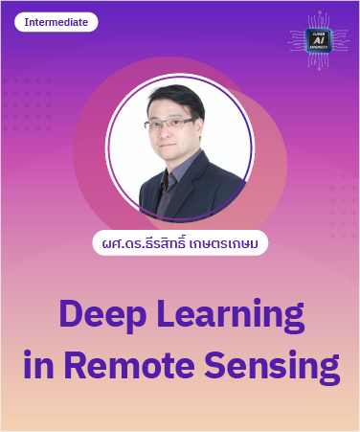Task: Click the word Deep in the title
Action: click(x=107, y=316)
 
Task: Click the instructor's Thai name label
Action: click(x=179, y=243)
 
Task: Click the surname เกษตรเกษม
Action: click(x=229, y=243)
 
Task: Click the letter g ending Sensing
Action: click(x=327, y=370)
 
